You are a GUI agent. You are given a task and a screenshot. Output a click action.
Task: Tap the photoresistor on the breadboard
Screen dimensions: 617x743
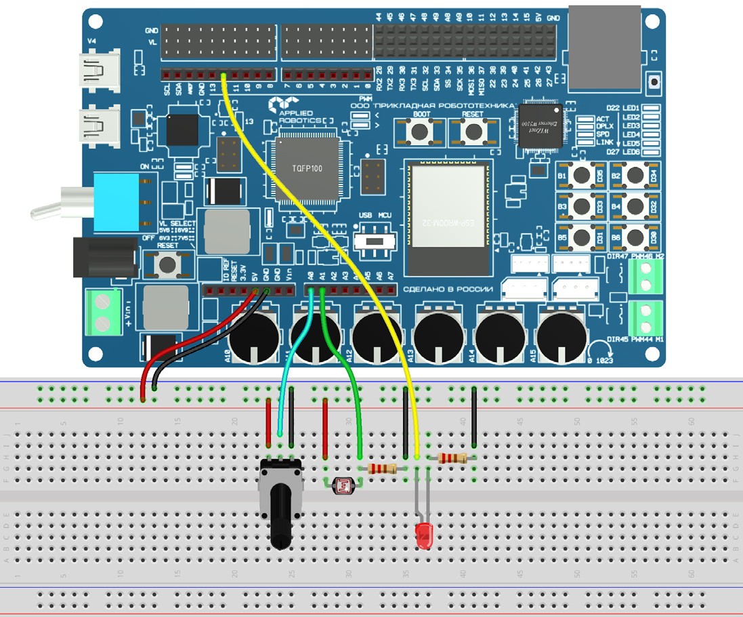345,485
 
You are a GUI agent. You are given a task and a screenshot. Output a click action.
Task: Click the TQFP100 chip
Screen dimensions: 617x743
307,169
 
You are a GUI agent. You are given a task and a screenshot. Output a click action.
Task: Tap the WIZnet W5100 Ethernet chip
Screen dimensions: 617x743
540,125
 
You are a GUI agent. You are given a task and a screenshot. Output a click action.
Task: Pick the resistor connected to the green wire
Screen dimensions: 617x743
382,469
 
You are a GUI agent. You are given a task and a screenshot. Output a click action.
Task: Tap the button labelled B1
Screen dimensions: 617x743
581,176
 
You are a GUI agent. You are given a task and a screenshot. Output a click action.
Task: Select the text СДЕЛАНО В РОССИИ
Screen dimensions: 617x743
448,289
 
